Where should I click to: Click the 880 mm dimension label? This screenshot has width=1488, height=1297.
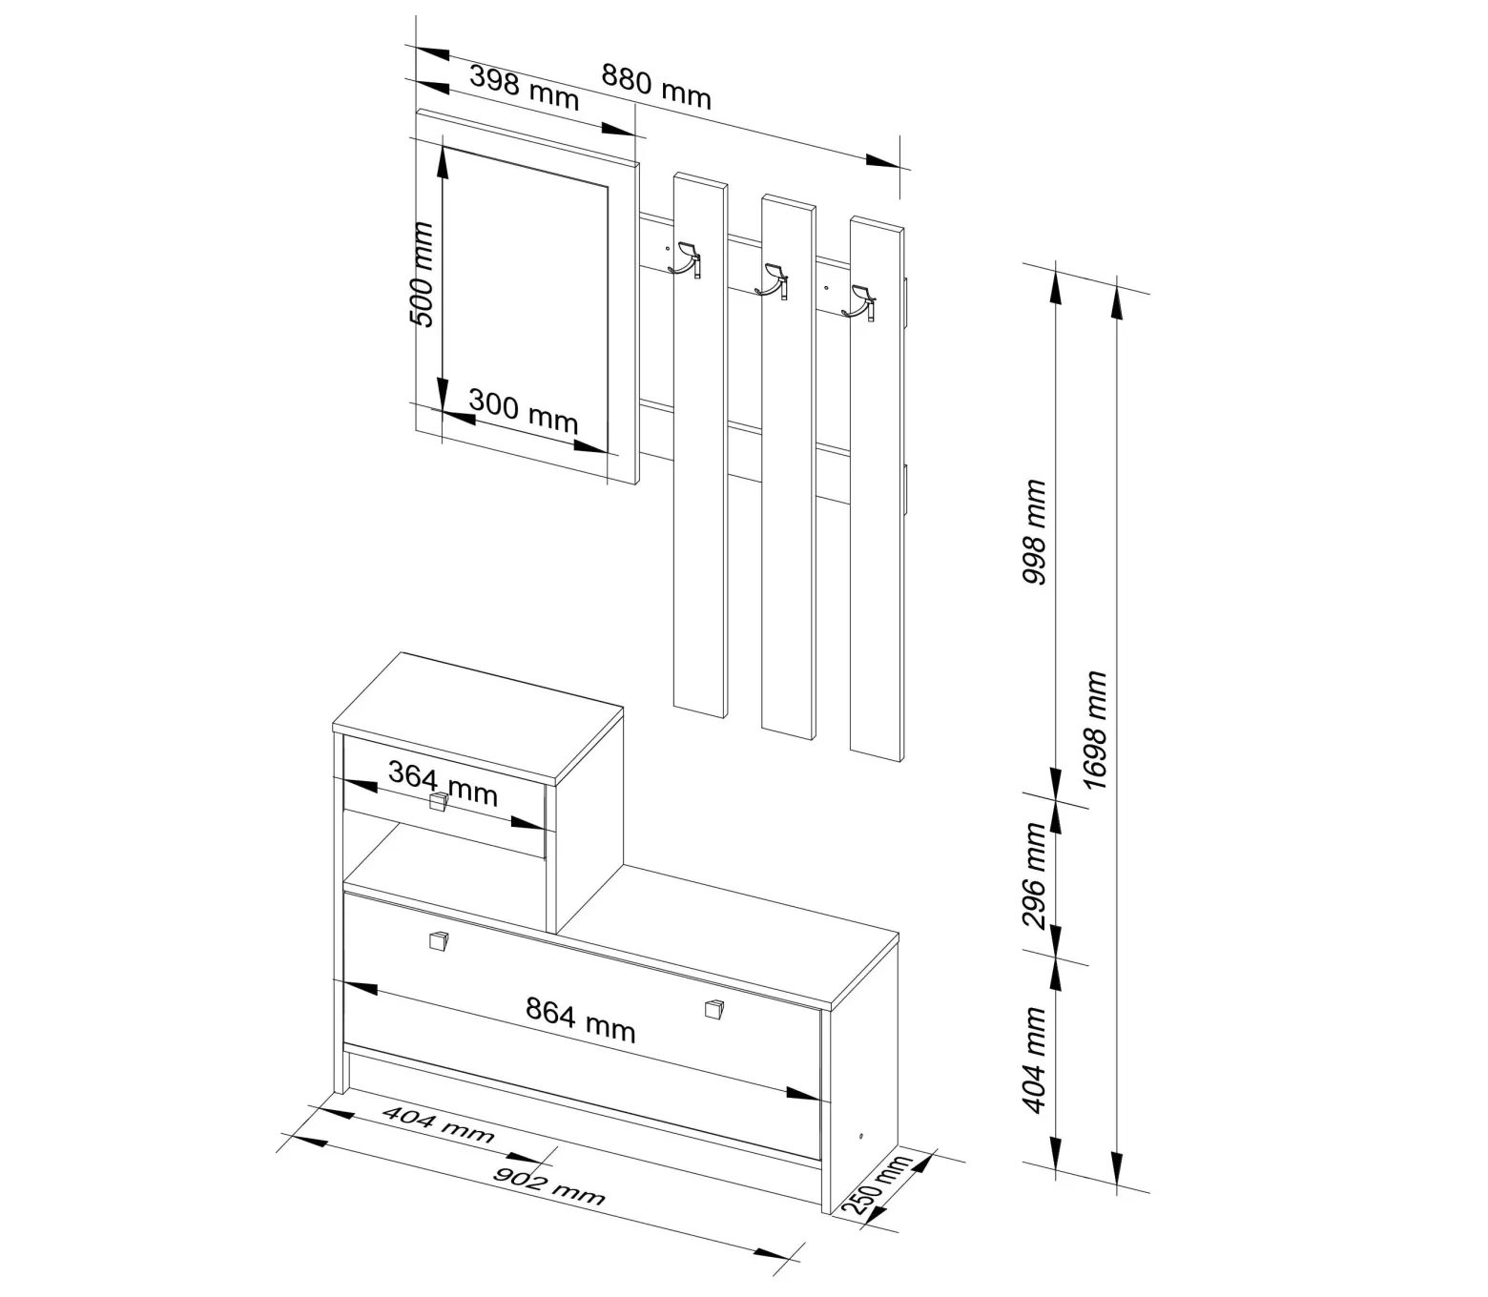(655, 87)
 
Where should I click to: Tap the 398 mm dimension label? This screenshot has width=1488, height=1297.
(524, 87)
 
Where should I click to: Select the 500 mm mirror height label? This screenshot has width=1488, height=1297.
(421, 275)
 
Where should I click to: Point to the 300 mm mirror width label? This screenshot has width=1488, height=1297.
(523, 411)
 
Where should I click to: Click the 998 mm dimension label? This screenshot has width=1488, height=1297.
(1033, 531)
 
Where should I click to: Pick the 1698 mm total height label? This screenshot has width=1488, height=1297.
(1095, 730)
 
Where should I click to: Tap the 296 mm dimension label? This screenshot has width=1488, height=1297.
(1033, 875)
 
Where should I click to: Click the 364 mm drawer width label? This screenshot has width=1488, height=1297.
(443, 784)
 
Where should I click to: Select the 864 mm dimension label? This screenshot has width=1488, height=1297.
(580, 1020)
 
